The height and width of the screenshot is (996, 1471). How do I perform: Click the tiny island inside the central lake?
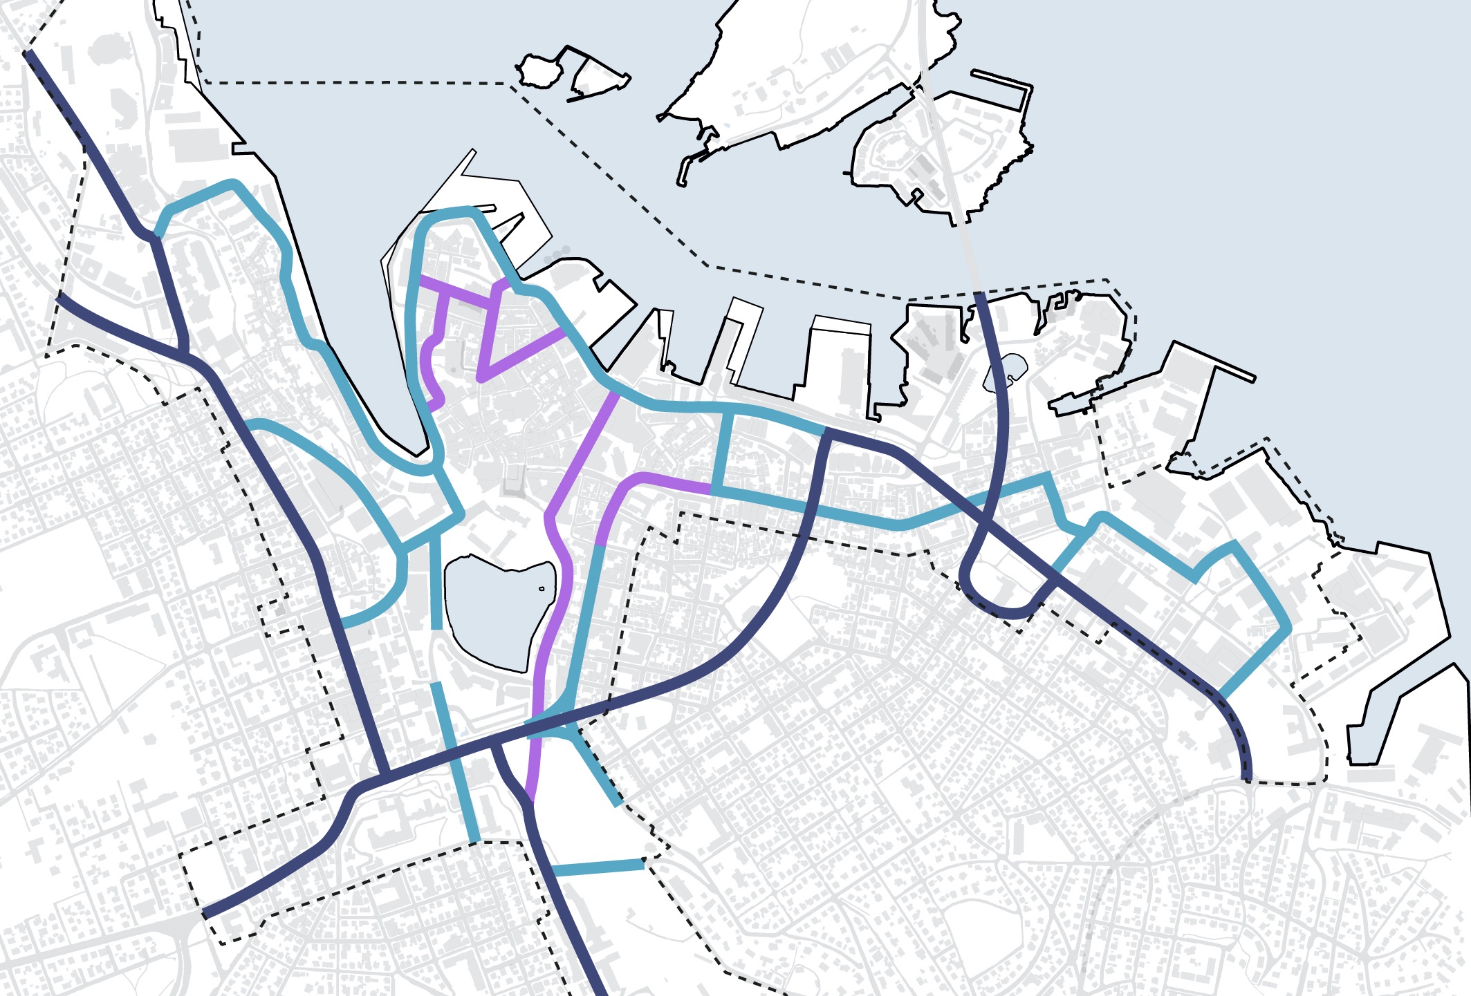(542, 589)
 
